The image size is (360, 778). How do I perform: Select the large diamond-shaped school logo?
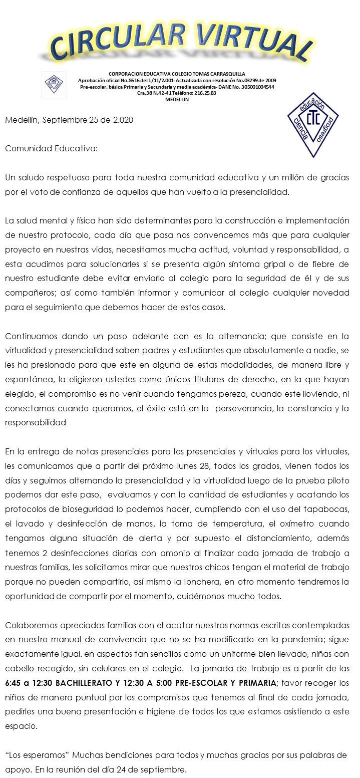pos(312,123)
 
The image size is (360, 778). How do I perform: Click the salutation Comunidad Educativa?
pos(52,149)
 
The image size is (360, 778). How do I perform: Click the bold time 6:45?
pos(14,683)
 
